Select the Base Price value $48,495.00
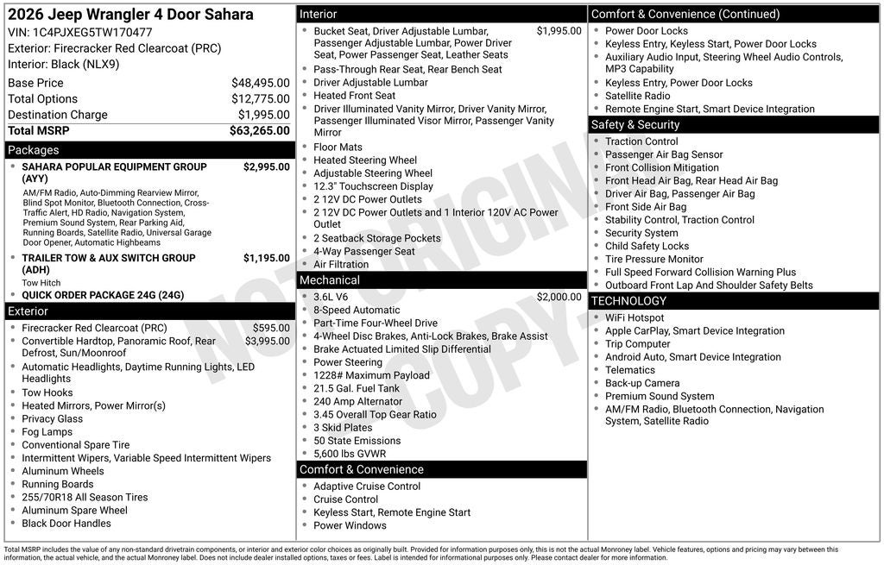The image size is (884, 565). [x=260, y=83]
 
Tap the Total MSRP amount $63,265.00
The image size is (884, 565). [x=259, y=131]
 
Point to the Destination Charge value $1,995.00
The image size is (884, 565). [x=263, y=115]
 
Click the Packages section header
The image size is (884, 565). [x=34, y=150]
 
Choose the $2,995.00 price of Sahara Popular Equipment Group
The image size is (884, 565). [x=266, y=167]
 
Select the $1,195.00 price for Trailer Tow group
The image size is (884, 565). [x=266, y=258]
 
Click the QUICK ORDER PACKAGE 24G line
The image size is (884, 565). [x=103, y=295]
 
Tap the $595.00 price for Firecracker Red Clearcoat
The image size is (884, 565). [x=271, y=328]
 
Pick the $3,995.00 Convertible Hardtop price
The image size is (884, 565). [x=267, y=341]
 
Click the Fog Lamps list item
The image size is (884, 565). [x=47, y=432]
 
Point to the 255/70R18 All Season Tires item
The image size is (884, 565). [x=85, y=497]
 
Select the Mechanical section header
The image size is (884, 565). [x=329, y=280]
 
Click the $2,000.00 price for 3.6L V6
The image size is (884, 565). [x=559, y=297]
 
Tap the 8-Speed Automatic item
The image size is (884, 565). [x=357, y=311]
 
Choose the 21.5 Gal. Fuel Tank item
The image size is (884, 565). [x=357, y=388]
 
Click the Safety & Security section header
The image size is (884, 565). [x=635, y=125]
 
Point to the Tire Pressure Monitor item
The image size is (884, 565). [x=654, y=259]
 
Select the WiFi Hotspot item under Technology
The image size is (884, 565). [x=635, y=318]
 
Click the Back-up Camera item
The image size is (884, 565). [x=642, y=383]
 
